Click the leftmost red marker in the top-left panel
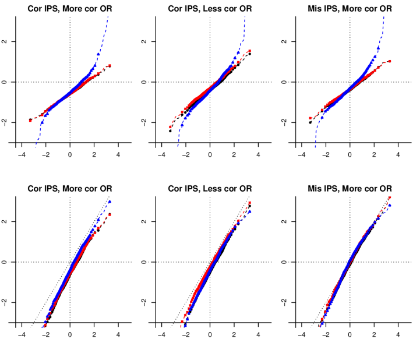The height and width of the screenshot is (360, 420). [30, 121]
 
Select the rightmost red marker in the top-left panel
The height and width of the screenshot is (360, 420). [110, 65]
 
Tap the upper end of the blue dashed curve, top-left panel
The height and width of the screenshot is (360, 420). [108, 17]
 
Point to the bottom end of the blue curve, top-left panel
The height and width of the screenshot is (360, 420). [36, 147]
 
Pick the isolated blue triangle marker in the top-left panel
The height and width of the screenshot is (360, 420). [98, 54]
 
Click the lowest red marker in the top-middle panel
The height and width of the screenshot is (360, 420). [170, 127]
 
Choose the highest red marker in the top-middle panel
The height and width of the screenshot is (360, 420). [250, 50]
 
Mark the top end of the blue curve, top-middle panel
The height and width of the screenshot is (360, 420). [244, 17]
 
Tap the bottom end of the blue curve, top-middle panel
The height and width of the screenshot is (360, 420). [178, 146]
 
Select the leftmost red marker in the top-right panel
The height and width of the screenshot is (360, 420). [310, 118]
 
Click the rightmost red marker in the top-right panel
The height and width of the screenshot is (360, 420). [390, 61]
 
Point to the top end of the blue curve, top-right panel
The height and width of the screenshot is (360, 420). [384, 17]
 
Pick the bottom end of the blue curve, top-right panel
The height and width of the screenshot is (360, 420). [316, 147]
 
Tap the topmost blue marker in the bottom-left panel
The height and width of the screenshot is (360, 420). [110, 202]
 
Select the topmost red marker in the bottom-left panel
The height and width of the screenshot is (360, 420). [110, 215]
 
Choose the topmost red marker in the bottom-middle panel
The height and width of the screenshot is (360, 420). [250, 203]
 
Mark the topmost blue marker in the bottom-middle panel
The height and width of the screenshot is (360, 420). [250, 211]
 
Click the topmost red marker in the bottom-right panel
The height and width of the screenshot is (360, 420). [390, 197]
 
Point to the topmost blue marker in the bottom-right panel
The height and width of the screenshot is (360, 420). [390, 205]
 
